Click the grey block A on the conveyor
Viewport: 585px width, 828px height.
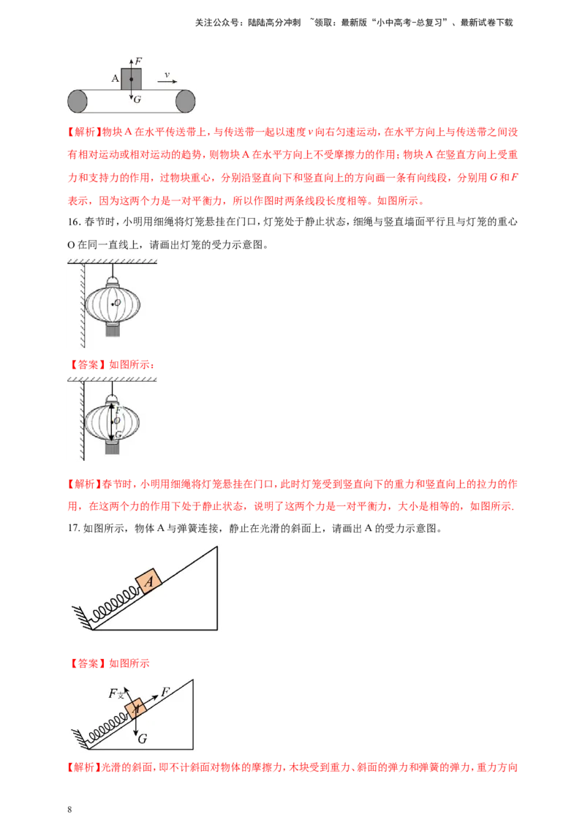tap(131, 79)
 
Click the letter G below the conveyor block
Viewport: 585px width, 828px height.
tap(137, 99)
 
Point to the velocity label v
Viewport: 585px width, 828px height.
tap(167, 74)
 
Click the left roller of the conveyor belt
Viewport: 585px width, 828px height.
tap(77, 101)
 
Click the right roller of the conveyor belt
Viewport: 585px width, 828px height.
tap(186, 101)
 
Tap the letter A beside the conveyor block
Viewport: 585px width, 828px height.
tap(115, 78)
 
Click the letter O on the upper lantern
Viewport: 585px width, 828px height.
tap(117, 303)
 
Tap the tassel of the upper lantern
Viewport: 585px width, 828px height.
tap(112, 330)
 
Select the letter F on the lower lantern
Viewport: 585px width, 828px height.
tap(118, 410)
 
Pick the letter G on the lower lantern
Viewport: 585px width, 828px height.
tap(118, 434)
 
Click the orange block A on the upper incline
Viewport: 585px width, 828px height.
tap(148, 582)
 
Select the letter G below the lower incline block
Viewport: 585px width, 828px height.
tap(142, 739)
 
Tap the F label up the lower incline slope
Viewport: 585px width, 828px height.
tap(165, 691)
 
